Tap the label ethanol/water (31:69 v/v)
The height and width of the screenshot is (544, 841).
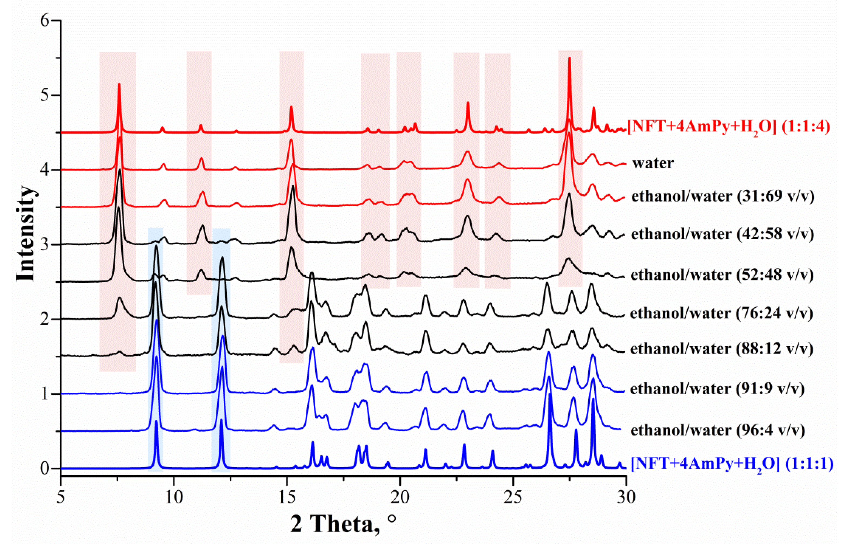tap(723, 196)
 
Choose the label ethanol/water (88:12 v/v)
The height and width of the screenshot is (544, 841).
tap(722, 349)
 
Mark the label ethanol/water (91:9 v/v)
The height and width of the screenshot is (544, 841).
tap(717, 389)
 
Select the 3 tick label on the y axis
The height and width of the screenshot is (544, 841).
tap(45, 245)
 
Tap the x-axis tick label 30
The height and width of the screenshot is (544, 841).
tap(626, 497)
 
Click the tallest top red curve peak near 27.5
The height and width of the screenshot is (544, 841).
tap(569, 58)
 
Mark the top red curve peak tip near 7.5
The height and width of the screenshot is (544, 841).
tap(119, 84)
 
